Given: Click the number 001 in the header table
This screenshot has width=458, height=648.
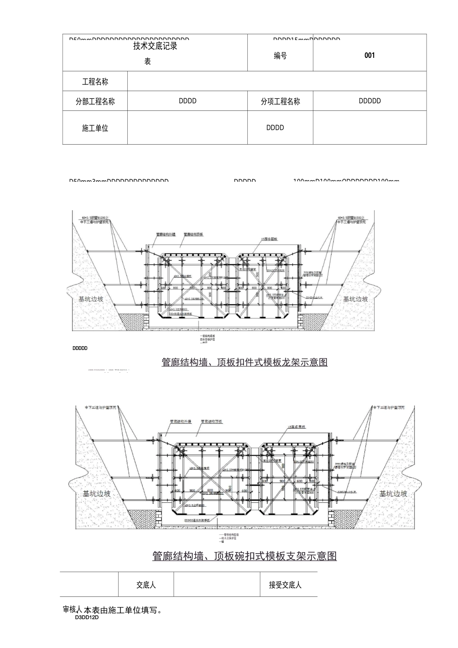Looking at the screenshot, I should pyautogui.click(x=369, y=55).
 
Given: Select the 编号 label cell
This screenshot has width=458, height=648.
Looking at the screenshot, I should pyautogui.click(x=280, y=56).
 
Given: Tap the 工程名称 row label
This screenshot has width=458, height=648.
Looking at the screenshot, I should pyautogui.click(x=95, y=82).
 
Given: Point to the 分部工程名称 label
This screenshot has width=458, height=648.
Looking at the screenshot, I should pyautogui.click(x=95, y=102).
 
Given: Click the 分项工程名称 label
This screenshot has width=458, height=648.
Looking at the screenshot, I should pyautogui.click(x=280, y=102).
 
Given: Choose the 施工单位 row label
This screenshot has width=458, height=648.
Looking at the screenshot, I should pyautogui.click(x=95, y=128).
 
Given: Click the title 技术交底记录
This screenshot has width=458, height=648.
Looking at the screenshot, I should pyautogui.click(x=155, y=46).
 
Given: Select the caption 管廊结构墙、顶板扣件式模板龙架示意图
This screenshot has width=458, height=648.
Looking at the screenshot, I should pyautogui.click(x=244, y=362).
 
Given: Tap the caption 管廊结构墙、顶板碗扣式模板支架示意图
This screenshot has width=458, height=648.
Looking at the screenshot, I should pyautogui.click(x=244, y=556).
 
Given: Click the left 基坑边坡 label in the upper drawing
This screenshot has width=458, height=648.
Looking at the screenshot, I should pyautogui.click(x=91, y=299).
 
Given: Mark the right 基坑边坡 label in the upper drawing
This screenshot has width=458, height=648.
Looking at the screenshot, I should pyautogui.click(x=355, y=299).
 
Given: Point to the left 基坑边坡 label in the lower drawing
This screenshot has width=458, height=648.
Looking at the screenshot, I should pyautogui.click(x=96, y=494).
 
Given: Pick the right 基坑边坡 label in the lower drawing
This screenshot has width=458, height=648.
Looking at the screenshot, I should pyautogui.click(x=393, y=494).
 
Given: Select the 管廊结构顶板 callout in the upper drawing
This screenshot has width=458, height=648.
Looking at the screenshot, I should pyautogui.click(x=194, y=234).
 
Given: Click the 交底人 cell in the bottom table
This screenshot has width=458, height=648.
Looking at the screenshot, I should pyautogui.click(x=146, y=585).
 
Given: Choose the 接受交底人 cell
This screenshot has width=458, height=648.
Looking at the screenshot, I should pyautogui.click(x=285, y=585).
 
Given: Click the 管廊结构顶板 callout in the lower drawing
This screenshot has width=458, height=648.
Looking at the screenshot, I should pyautogui.click(x=212, y=421).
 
